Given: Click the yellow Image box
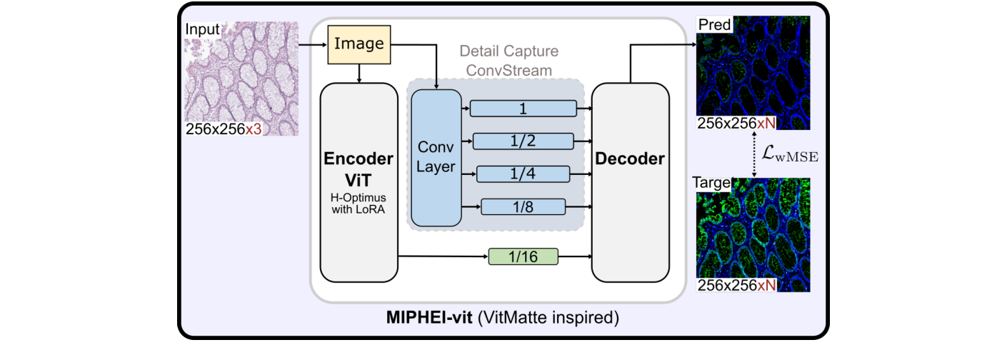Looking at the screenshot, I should (x=359, y=44).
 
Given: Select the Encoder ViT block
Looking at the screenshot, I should (x=359, y=182).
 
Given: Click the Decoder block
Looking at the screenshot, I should (x=630, y=182).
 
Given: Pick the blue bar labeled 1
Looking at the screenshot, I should (x=523, y=108).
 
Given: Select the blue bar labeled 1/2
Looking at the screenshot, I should (x=523, y=141).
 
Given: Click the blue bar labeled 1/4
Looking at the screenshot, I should (x=523, y=174).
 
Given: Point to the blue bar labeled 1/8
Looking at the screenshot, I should (x=523, y=206).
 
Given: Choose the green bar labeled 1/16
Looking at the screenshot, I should (x=523, y=256).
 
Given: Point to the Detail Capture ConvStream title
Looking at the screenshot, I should (x=508, y=61).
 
